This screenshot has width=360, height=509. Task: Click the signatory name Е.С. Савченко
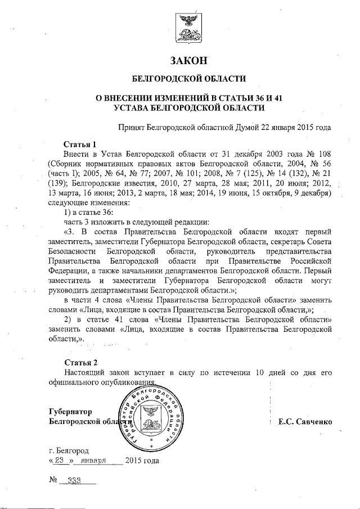[x=305, y=421]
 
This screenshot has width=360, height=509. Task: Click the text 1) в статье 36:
[x=88, y=213]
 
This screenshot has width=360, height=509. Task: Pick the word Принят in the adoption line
[x=130, y=127]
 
